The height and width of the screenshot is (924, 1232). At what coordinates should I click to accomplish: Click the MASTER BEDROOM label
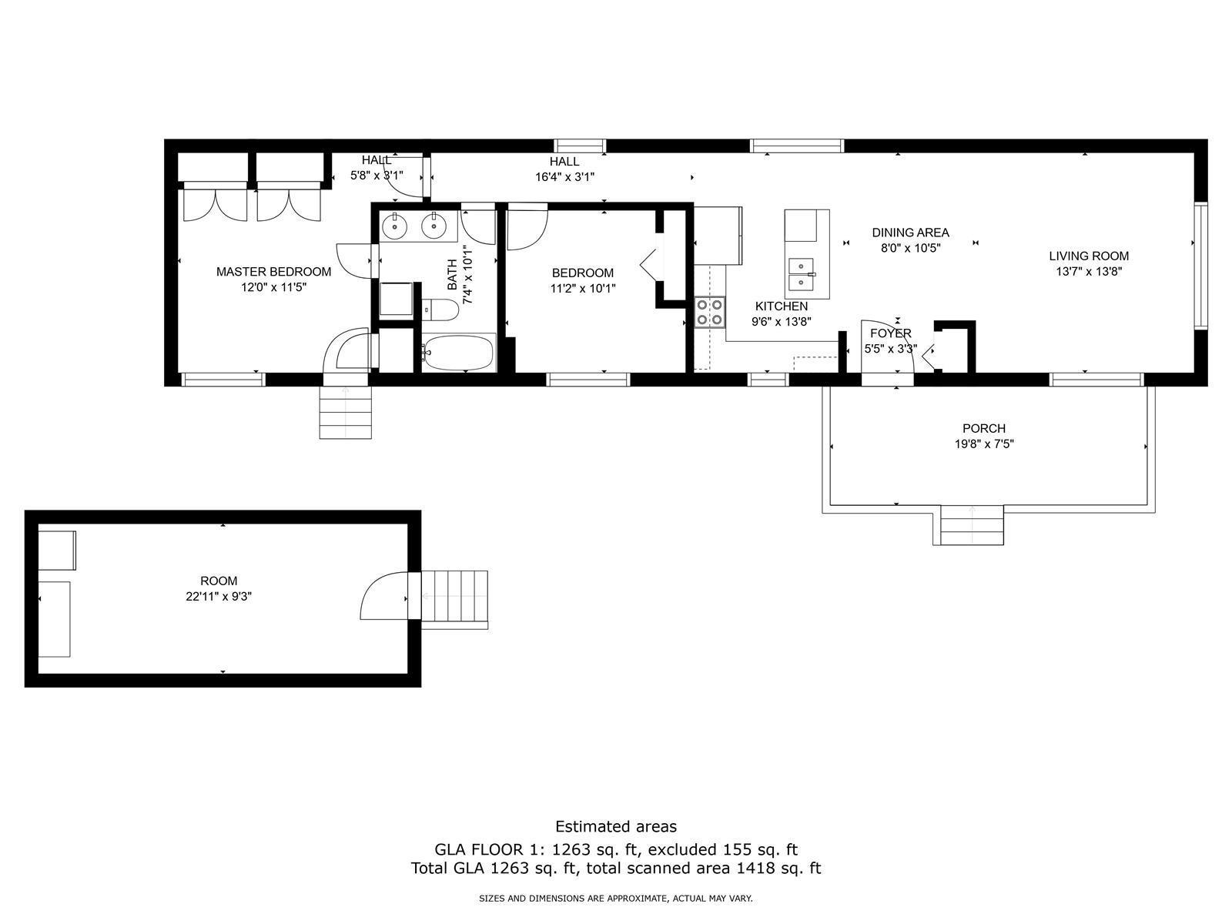click(273, 272)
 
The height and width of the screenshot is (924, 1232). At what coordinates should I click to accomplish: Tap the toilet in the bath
click(440, 310)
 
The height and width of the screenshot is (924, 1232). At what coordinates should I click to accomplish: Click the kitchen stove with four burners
click(709, 312)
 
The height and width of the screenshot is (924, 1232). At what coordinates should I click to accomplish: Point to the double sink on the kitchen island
click(801, 273)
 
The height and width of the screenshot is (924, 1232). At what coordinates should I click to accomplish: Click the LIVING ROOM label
click(1088, 256)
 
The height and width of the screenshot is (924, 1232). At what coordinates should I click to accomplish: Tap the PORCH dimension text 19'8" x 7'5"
click(984, 444)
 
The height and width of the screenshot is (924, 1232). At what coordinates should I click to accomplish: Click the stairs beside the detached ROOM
click(454, 599)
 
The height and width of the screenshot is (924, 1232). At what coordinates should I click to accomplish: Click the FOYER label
click(891, 333)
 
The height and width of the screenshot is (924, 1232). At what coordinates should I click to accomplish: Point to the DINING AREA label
click(910, 233)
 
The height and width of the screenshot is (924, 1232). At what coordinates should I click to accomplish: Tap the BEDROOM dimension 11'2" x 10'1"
click(583, 288)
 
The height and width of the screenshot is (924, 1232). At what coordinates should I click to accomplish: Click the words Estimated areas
click(616, 826)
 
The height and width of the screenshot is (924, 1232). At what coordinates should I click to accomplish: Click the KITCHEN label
click(782, 306)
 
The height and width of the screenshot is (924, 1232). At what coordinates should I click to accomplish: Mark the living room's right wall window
click(1200, 266)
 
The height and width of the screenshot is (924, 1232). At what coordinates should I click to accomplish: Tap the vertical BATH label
click(452, 274)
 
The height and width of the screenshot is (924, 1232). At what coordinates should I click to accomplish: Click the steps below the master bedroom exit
click(345, 413)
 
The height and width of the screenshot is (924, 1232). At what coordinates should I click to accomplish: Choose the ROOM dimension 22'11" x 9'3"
click(219, 596)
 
